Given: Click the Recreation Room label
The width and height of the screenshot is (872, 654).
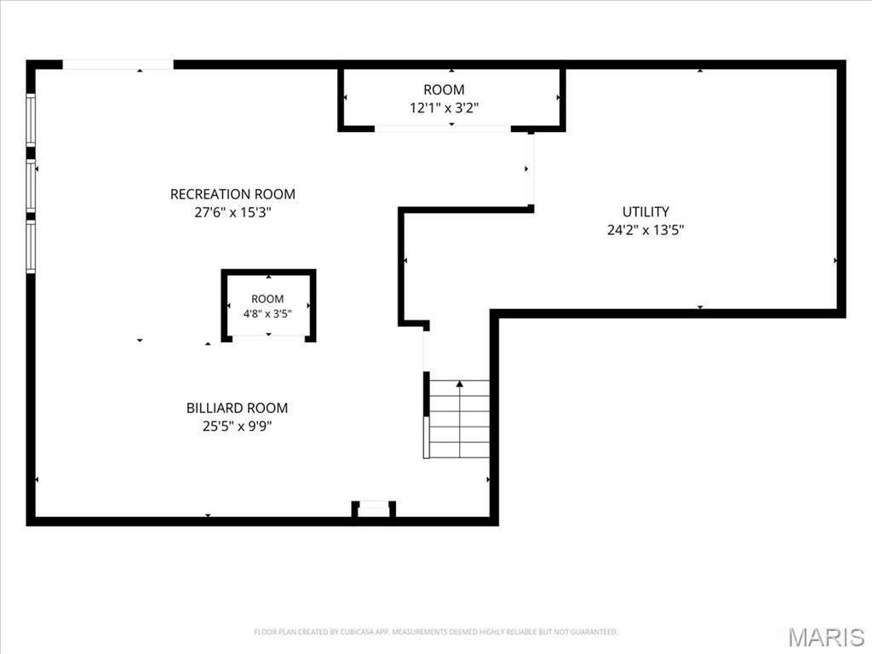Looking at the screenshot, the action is click(232, 194).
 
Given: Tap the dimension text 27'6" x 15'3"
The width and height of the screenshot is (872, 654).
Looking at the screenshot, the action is click(232, 212).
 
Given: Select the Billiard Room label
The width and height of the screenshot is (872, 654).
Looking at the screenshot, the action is click(237, 408).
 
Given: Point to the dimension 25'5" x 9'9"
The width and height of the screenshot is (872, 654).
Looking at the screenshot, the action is click(237, 427).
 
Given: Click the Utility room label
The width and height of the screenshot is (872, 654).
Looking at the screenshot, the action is click(645, 212).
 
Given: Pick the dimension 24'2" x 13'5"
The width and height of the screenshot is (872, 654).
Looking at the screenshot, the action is click(645, 230).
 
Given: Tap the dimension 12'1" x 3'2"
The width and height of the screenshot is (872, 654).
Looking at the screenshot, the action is click(444, 108).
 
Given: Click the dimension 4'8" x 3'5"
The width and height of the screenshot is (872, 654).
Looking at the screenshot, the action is click(267, 314).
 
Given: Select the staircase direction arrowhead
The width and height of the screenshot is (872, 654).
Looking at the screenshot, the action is click(459, 384).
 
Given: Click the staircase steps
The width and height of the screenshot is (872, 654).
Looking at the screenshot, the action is click(459, 419).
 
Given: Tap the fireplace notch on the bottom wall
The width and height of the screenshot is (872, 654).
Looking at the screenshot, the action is click(374, 509).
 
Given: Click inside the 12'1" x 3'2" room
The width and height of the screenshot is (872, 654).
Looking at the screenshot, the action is click(451, 98).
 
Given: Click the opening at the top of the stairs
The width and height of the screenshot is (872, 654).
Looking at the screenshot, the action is click(427, 351).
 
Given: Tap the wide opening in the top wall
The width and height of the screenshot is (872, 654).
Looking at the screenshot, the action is click(118, 65).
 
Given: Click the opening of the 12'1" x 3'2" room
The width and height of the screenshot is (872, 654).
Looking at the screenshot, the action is click(443, 129).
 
